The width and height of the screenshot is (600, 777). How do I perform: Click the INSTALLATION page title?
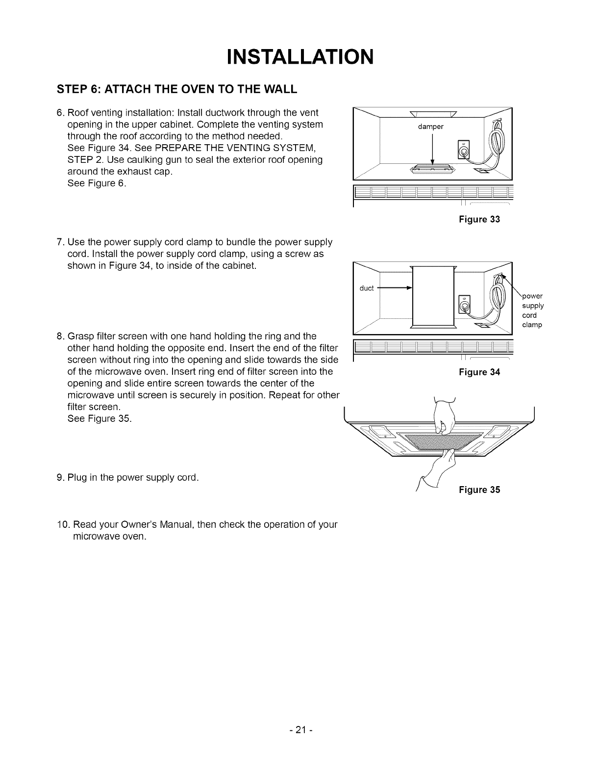coord(300,56)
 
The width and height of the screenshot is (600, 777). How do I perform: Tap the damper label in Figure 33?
coord(430,127)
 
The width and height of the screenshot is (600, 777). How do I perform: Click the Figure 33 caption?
coord(479,219)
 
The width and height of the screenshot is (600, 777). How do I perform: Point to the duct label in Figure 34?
coord(367,288)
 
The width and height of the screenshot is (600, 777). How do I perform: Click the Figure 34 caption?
coord(479,372)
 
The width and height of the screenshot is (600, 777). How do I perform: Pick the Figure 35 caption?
coord(479,490)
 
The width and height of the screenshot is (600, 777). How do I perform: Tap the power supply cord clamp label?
coord(532,310)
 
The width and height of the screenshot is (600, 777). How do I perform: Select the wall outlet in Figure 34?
coord(463,305)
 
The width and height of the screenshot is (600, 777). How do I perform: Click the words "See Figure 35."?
coord(99,419)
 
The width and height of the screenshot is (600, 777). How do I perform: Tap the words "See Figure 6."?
coord(96,183)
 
